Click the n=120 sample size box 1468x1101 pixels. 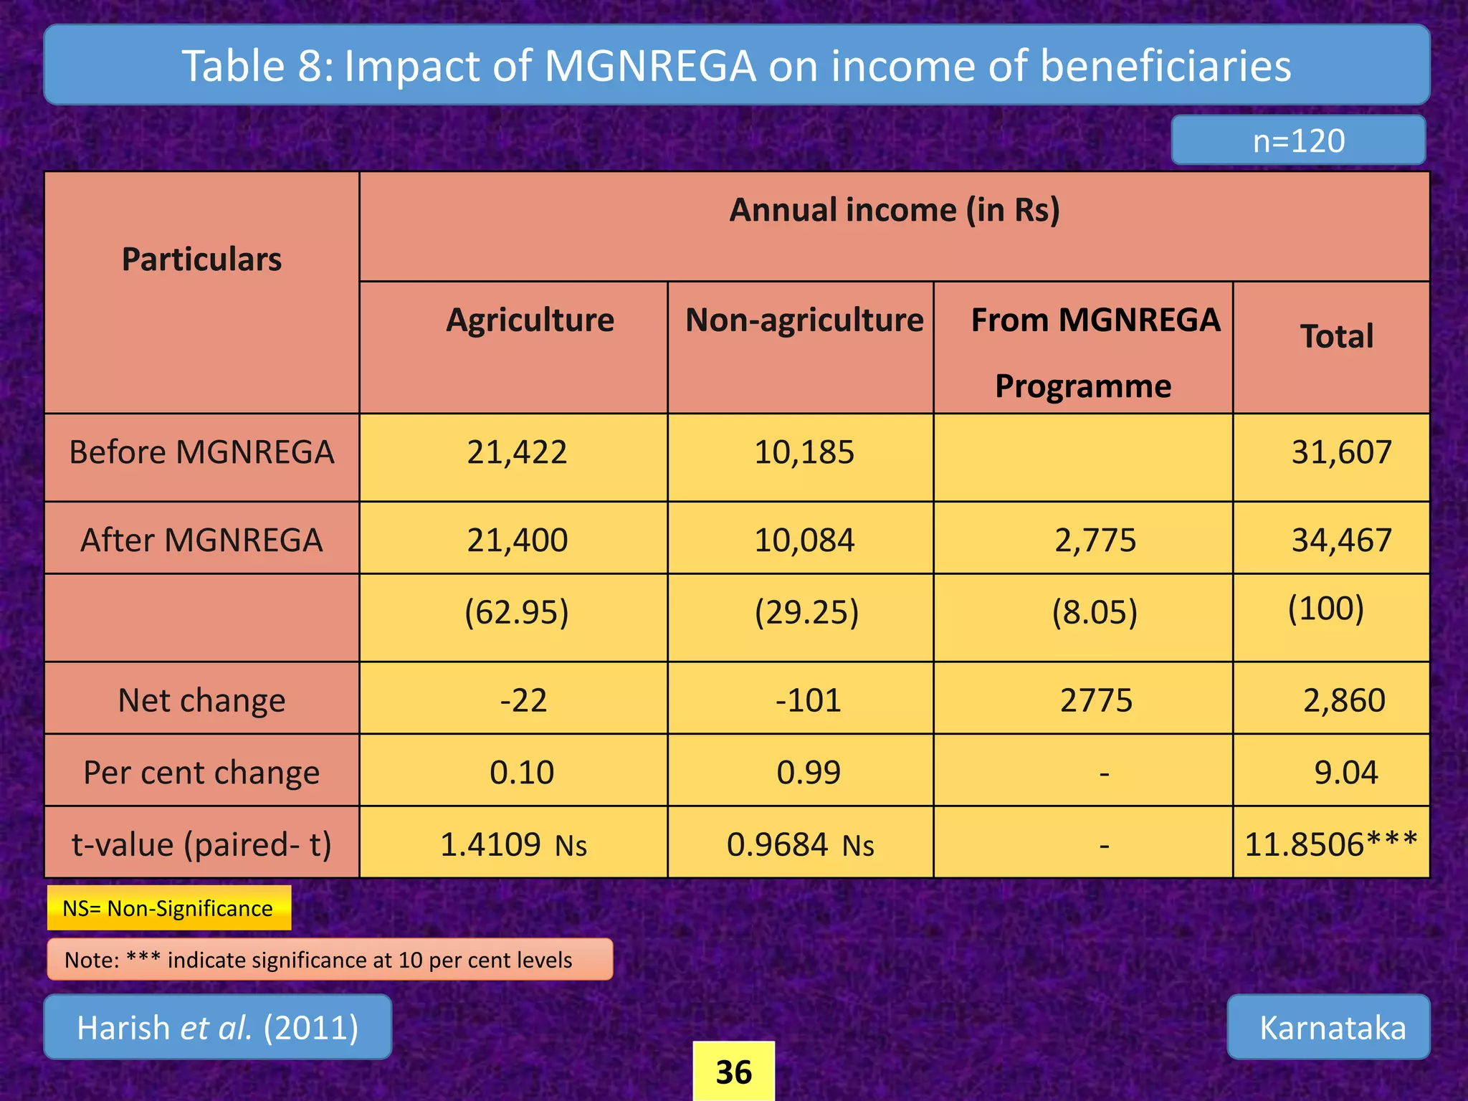(1298, 140)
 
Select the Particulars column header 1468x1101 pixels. (201, 259)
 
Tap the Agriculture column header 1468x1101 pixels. (530, 320)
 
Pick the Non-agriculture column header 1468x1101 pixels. (804, 320)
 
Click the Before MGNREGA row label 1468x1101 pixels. (201, 452)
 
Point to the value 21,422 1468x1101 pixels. (517, 452)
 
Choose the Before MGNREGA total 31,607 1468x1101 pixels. (1341, 452)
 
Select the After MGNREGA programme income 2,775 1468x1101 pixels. (1095, 540)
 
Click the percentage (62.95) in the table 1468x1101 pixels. (516, 612)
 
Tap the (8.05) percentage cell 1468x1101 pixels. (1095, 612)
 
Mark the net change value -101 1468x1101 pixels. (808, 700)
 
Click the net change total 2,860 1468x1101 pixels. (1344, 700)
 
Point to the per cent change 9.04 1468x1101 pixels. (1345, 772)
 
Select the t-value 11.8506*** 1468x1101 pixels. (1330, 844)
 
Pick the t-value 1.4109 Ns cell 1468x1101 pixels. (513, 844)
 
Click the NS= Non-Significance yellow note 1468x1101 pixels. (169, 908)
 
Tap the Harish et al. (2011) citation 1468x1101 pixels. (218, 1027)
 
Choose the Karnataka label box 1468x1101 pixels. (1332, 1027)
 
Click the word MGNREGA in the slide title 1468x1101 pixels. (650, 66)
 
